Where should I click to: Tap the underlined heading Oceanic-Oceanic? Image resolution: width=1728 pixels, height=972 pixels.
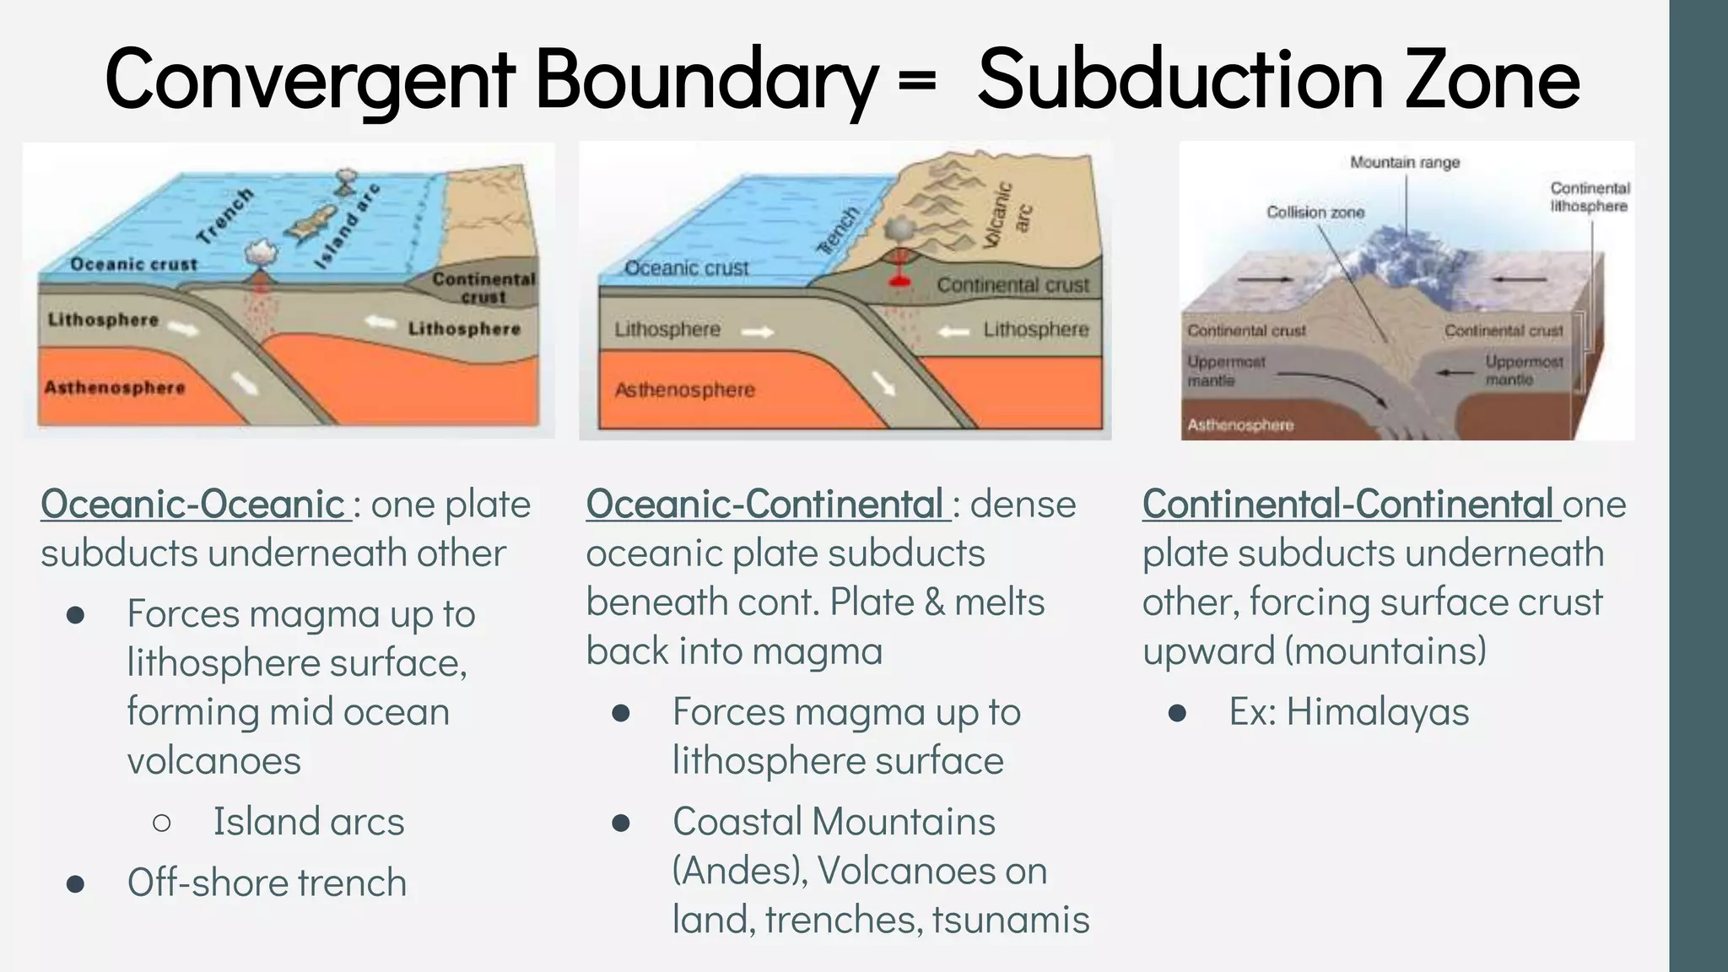click(x=193, y=505)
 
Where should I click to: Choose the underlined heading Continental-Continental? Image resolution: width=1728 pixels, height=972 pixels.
click(x=1349, y=505)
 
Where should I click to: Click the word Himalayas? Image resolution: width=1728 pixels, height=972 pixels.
click(x=1378, y=712)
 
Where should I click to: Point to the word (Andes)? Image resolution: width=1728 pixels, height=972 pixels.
click(x=740, y=871)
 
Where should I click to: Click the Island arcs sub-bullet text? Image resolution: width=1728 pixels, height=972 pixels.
click(x=309, y=822)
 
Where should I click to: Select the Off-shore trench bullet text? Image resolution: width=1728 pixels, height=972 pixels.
click(x=267, y=883)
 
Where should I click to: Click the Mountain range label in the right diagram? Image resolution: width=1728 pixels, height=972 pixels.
click(x=1405, y=162)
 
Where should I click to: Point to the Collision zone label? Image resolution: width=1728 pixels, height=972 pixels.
click(x=1315, y=213)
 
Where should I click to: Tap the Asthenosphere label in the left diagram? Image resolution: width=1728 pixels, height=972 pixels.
click(x=115, y=388)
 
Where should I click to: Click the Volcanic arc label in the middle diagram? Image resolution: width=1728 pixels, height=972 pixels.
click(x=1008, y=215)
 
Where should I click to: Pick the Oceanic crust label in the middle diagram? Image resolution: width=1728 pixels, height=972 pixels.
click(x=687, y=268)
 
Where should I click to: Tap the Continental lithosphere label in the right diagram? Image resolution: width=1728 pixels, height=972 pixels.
click(x=1590, y=197)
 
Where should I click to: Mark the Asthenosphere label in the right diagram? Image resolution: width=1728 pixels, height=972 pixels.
click(x=1240, y=425)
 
